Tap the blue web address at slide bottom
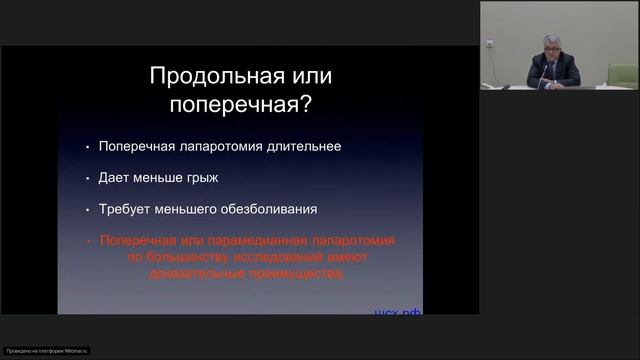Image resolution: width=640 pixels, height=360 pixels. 399,312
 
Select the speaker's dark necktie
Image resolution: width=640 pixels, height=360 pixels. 552,71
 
